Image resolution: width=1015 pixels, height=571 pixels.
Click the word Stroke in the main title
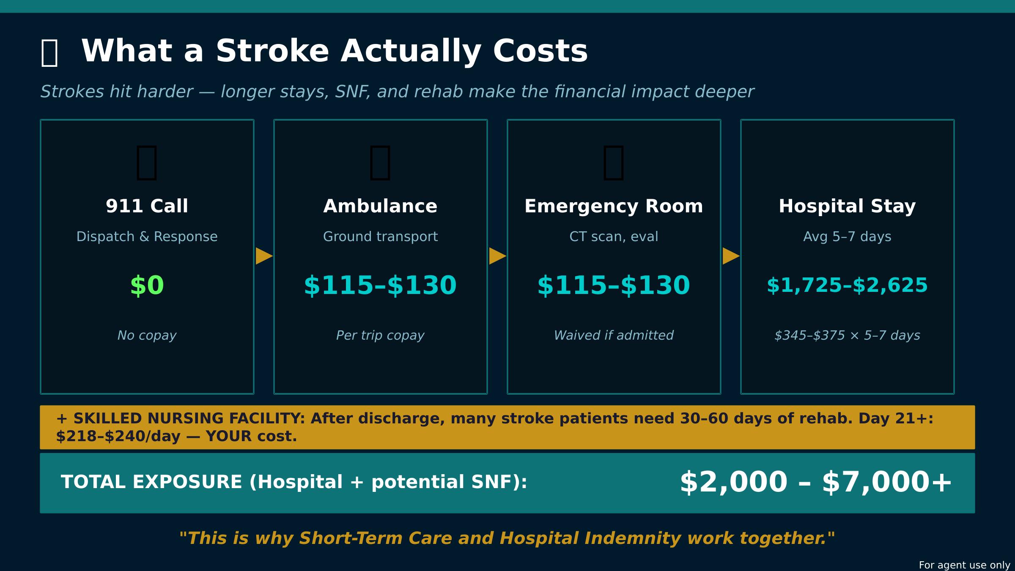[x=272, y=51]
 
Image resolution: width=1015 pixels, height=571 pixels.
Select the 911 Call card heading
[x=147, y=206]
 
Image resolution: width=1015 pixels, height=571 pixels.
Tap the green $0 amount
[x=147, y=285]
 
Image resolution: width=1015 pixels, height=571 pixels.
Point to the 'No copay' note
[x=147, y=335]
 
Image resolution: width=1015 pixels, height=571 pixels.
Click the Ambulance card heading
[x=380, y=206]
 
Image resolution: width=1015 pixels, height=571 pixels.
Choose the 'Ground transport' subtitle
[x=380, y=236]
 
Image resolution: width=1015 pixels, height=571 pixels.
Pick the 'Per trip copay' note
[x=380, y=335]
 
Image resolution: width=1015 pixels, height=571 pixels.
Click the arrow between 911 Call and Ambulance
[x=264, y=256]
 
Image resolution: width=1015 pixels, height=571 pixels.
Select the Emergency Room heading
[x=614, y=206]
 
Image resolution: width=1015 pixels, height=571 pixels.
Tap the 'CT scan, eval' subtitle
[x=614, y=236]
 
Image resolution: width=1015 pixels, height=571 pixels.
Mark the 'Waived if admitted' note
[x=614, y=335]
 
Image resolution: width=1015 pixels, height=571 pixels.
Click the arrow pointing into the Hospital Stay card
[x=731, y=256]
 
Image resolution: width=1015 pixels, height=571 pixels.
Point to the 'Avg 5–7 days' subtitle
[x=847, y=236]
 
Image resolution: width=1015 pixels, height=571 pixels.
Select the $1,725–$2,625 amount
[x=847, y=285]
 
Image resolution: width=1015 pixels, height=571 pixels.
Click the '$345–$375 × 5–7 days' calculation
[x=847, y=335]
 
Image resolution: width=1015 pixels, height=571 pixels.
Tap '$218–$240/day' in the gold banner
[x=118, y=436]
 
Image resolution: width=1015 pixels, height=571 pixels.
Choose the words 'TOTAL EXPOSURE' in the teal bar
[x=151, y=482]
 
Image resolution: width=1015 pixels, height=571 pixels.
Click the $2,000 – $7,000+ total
[x=815, y=482]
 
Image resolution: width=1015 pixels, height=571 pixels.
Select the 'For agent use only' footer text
[x=964, y=565]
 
